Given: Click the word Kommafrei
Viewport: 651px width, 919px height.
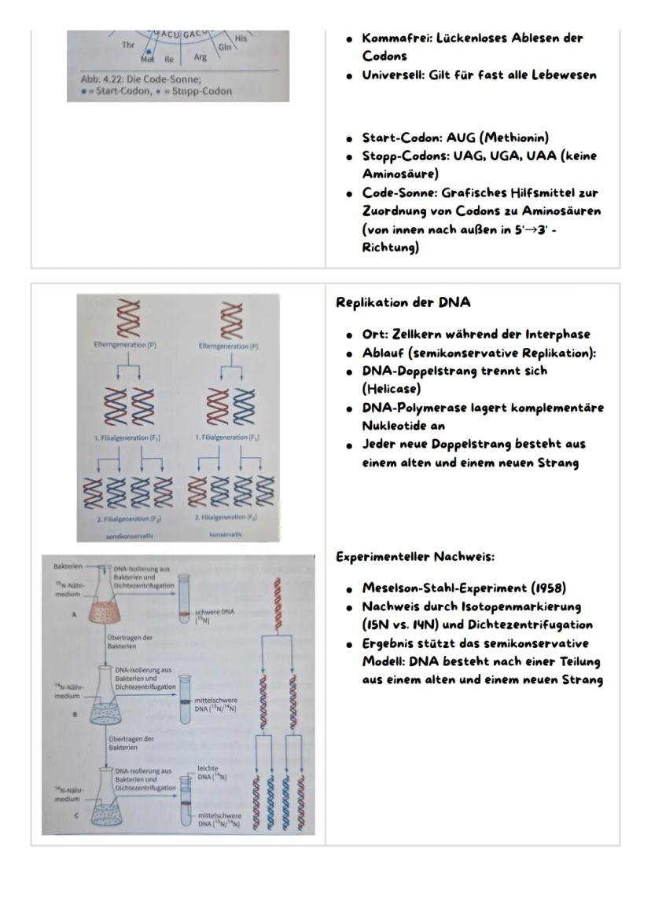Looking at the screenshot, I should [393, 38].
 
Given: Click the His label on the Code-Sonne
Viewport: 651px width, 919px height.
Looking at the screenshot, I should [241, 38].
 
